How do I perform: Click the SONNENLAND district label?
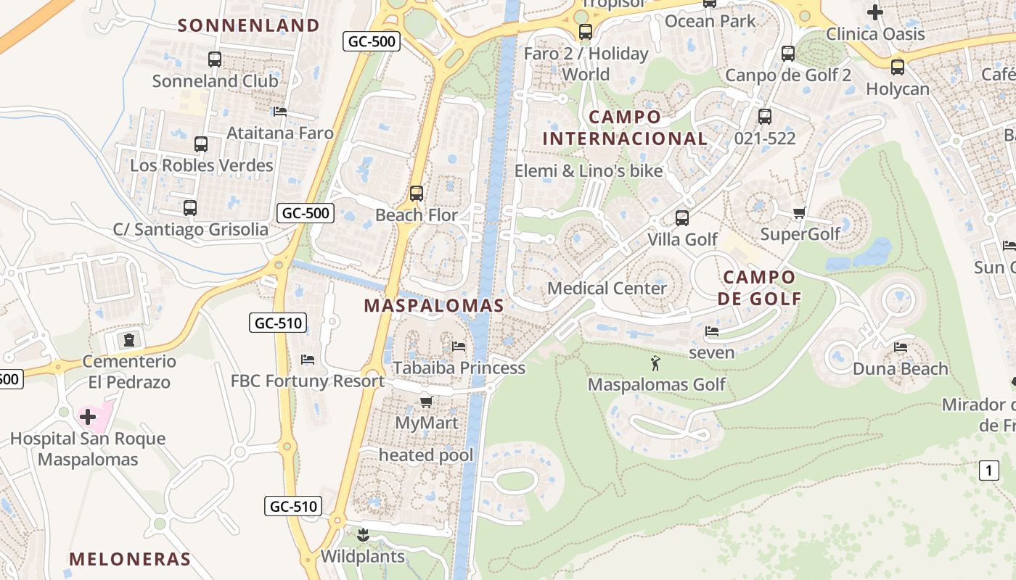[x=249, y=25]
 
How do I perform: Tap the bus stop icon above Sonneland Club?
[x=214, y=59]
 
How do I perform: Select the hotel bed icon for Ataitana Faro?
[x=280, y=112]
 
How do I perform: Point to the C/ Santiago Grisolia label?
[x=191, y=230]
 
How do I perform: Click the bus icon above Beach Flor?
[x=416, y=194]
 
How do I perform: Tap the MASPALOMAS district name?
[x=434, y=305]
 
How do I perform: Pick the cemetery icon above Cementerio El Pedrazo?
[x=129, y=339]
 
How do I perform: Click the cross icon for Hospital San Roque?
[x=88, y=417]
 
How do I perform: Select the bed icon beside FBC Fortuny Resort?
[x=308, y=360]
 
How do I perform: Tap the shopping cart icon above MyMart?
[x=426, y=402]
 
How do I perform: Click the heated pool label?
[x=426, y=455]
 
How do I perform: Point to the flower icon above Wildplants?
[x=363, y=536]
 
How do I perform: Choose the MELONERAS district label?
[x=130, y=559]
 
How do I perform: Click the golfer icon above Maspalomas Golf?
[x=656, y=362]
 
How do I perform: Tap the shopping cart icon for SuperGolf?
[x=799, y=212]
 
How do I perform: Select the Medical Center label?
[x=607, y=288]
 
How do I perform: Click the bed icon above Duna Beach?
[x=901, y=347]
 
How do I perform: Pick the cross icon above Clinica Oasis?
[x=875, y=12]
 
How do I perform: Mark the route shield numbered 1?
[x=988, y=471]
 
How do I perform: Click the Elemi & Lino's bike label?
[x=589, y=170]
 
